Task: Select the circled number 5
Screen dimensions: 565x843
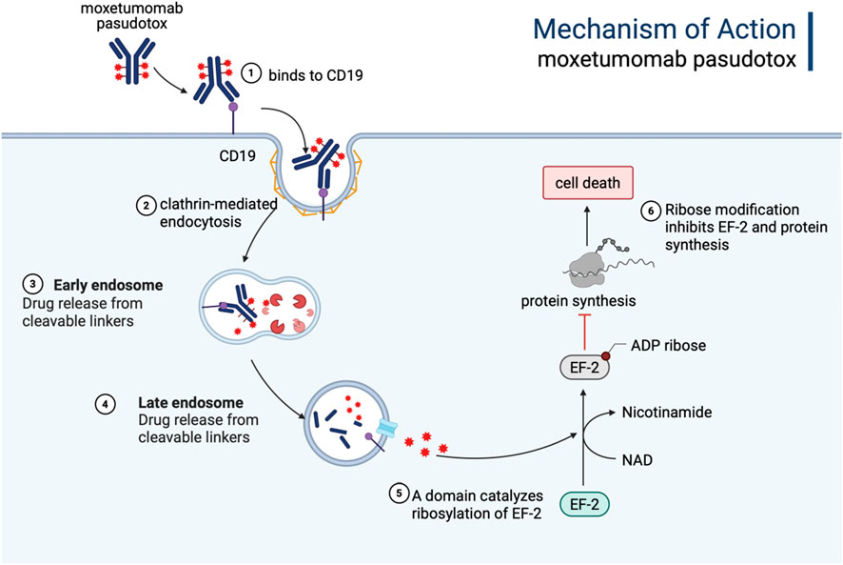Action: point(402,493)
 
